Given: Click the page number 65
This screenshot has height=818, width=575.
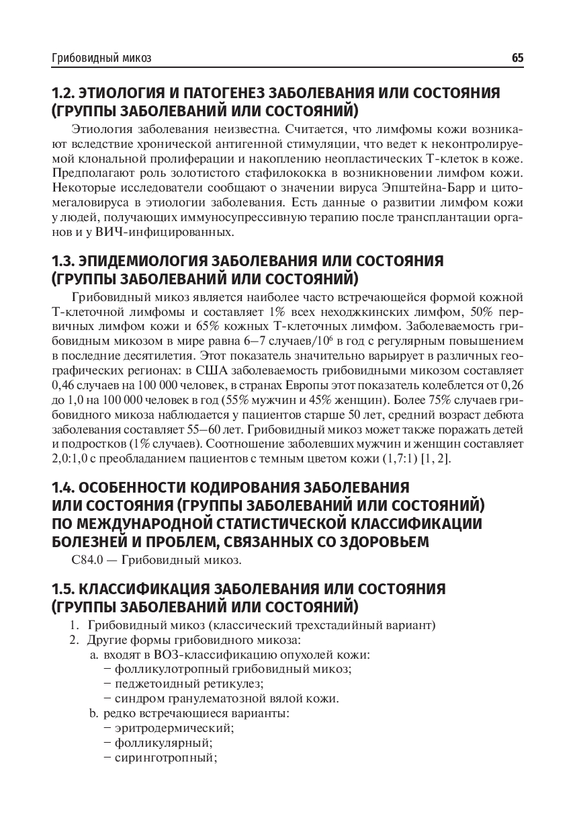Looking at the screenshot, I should [x=517, y=58].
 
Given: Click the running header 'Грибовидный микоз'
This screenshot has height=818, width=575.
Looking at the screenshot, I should [x=101, y=58].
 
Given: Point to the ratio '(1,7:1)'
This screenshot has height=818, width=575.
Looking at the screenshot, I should [x=399, y=458].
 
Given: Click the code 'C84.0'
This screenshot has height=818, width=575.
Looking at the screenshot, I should [x=84, y=559].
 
